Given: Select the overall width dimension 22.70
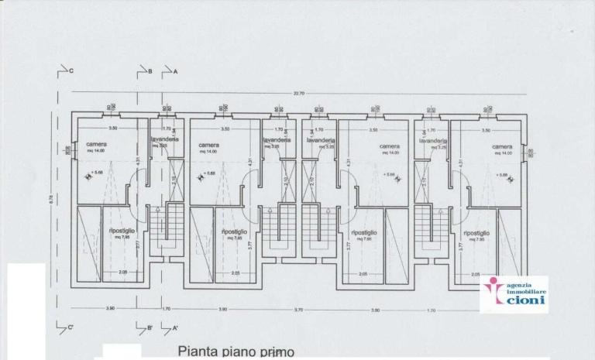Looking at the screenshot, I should [298, 94].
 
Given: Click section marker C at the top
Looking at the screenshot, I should [70, 70].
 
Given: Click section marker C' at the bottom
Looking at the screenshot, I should [70, 327].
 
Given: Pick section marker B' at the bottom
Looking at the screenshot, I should [150, 327].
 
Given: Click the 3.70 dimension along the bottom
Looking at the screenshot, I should [297, 309].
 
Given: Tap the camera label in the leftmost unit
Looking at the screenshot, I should [96, 145].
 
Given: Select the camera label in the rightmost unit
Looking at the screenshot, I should [501, 146].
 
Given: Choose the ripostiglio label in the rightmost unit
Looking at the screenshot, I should [476, 232].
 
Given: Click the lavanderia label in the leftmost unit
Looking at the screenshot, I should [165, 139].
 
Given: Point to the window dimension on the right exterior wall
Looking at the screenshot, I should [531, 153].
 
